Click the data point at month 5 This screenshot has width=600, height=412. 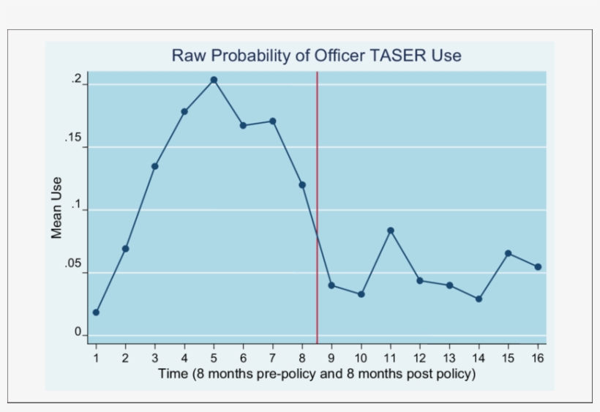tap(214, 80)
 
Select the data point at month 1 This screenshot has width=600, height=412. tap(96, 312)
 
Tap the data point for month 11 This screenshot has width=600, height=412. tap(391, 231)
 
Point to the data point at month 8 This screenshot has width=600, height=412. tap(302, 184)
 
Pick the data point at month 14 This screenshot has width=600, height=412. tap(479, 299)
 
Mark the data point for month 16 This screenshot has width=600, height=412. tap(538, 267)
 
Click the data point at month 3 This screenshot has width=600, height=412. tap(155, 166)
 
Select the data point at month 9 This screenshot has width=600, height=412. tap(331, 285)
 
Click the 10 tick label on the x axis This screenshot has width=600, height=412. tap(361, 358)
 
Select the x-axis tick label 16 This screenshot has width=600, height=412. tap(538, 358)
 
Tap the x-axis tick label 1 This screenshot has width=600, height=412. tap(96, 358)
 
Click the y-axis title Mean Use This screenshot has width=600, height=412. tap(56, 209)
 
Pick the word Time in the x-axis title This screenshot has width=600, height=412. tap(173, 374)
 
